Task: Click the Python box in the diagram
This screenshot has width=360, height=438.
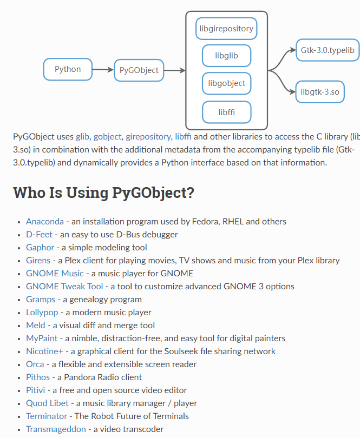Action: pos(68,69)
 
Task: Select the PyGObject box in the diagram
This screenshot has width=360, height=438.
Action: pos(139,70)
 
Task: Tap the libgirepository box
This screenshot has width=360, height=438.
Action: pos(226,29)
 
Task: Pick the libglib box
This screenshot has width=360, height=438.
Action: pos(226,56)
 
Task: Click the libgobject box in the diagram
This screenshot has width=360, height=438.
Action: pos(226,83)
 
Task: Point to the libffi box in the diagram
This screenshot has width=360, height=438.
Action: pos(226,112)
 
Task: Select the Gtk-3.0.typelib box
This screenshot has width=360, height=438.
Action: pos(328,50)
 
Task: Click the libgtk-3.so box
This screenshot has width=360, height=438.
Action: pos(320,92)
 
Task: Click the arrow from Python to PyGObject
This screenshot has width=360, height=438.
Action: pos(102,70)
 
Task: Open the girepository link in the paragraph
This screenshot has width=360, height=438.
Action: pos(149,137)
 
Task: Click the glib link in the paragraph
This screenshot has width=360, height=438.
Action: pos(82,137)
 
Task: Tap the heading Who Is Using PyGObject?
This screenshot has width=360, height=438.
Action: pos(103,193)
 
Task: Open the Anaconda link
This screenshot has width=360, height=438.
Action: pos(45,222)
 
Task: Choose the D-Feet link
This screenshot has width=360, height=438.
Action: pos(39,235)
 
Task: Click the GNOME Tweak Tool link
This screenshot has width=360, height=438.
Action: pos(64,287)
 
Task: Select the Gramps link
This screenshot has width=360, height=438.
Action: pos(41,300)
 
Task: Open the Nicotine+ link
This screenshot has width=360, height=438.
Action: pos(44,351)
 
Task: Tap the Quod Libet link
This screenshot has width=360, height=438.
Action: pos(48,403)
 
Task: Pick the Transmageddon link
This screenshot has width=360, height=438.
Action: pos(56,429)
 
